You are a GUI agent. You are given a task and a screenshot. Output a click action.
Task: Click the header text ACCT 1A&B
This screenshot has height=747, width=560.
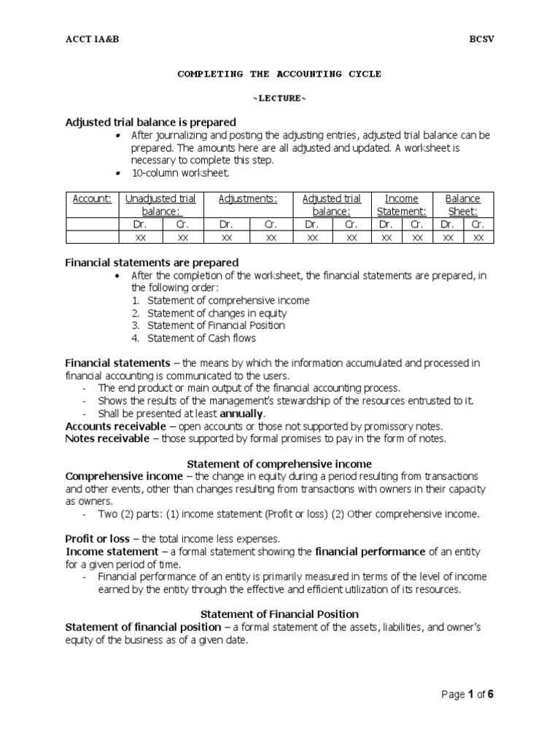point(92,39)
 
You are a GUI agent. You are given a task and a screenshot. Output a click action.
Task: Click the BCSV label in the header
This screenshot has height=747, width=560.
point(481,39)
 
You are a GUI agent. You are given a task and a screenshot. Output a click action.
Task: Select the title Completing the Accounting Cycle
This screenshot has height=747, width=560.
point(279,74)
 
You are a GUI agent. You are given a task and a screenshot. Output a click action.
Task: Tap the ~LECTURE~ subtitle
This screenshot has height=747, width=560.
point(279,98)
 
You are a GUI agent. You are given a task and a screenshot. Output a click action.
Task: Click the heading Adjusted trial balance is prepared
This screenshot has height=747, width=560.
point(151,122)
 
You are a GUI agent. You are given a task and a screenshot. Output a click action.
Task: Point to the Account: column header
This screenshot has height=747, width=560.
point(92,198)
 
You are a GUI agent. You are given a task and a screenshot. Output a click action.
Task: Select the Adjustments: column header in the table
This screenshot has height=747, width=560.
point(248,198)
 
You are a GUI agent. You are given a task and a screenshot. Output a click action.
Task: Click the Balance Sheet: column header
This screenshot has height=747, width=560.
point(462,204)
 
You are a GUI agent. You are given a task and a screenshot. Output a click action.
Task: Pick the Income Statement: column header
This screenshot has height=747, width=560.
point(401,204)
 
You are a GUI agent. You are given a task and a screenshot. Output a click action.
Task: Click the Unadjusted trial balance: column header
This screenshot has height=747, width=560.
point(160,204)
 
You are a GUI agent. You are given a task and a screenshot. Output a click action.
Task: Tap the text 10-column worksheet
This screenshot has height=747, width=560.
point(180,173)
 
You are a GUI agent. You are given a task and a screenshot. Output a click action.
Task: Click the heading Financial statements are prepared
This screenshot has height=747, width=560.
point(152,262)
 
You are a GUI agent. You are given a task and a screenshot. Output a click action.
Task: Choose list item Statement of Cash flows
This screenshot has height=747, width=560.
point(201,338)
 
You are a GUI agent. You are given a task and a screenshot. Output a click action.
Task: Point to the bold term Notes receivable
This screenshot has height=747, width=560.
point(105,438)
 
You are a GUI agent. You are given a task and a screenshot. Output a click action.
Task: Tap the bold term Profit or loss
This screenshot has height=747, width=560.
point(97,538)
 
